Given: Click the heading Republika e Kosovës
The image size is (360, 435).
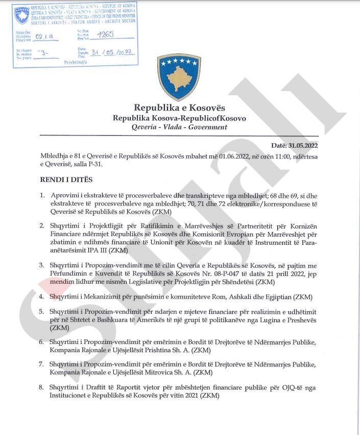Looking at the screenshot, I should pyautogui.click(x=179, y=108).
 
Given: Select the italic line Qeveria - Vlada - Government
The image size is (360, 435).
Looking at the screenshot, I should pyautogui.click(x=179, y=127).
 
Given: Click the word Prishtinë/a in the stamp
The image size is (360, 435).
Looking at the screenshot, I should pyautogui.click(x=76, y=61).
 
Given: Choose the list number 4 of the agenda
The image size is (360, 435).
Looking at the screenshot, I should pyautogui.click(x=42, y=297).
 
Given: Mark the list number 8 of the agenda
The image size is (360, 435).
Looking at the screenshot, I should pyautogui.click(x=42, y=388).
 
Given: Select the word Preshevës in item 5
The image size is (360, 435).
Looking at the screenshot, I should pyautogui.click(x=300, y=319).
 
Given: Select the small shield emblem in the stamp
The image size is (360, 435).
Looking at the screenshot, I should pyautogui.click(x=22, y=16).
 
